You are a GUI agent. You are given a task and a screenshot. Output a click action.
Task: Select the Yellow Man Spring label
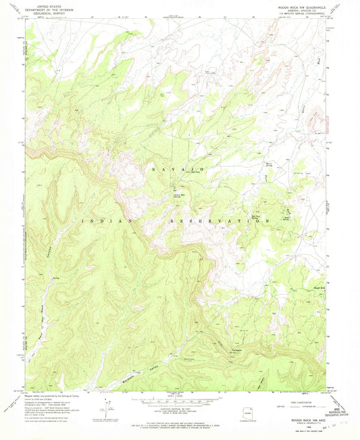click(x=176, y=197)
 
